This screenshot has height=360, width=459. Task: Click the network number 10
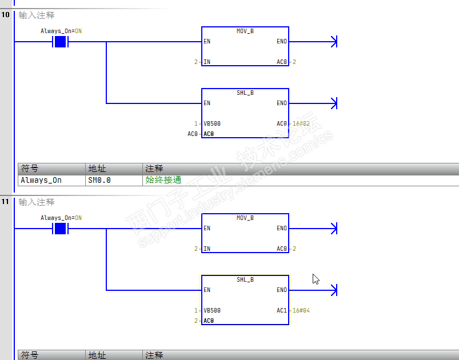click(6, 15)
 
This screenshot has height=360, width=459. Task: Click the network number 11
click(6, 202)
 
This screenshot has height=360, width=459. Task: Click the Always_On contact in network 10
click(60, 42)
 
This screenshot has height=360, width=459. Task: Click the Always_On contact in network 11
click(60, 229)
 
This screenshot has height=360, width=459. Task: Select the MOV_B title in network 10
click(245, 31)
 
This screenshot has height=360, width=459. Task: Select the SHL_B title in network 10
click(245, 93)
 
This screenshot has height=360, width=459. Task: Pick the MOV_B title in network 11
click(245, 218)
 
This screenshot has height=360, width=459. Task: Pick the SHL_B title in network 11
click(245, 279)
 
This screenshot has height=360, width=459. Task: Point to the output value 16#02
click(301, 123)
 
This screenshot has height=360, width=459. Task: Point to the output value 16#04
click(301, 310)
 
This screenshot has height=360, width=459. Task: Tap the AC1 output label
click(282, 310)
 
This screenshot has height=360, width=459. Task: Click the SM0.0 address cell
click(99, 180)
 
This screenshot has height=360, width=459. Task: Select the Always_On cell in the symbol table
click(41, 180)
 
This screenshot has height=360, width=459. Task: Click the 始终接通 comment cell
click(163, 180)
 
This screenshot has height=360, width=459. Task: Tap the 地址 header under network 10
click(97, 169)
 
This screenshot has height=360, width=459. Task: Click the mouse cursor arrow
click(315, 278)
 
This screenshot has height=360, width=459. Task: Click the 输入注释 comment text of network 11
click(37, 202)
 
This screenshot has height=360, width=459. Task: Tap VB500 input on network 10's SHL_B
click(212, 123)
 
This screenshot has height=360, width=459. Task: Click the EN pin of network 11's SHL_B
click(207, 290)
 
